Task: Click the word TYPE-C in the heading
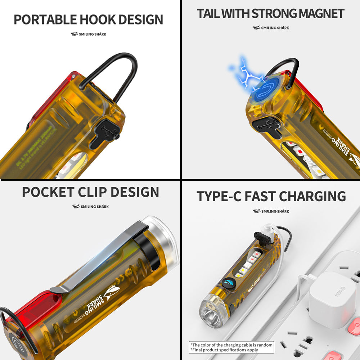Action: click(219, 197)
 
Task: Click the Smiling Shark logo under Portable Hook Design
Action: click(88, 34)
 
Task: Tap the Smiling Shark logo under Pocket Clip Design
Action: click(90, 207)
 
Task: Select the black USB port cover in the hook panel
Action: click(104, 133)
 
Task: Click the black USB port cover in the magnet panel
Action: click(267, 126)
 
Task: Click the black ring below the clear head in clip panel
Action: click(148, 248)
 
